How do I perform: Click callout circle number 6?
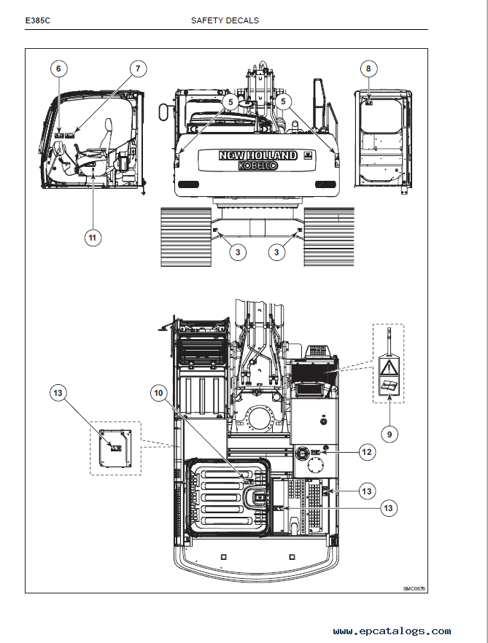click(x=59, y=69)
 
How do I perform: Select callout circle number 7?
click(x=137, y=69)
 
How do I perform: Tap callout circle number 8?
click(x=368, y=69)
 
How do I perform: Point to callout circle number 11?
click(x=92, y=237)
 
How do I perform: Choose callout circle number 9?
click(x=389, y=434)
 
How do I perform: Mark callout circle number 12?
click(x=367, y=452)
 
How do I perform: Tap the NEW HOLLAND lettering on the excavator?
click(x=258, y=155)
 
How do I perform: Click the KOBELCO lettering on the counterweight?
click(x=258, y=165)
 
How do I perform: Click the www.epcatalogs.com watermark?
click(x=392, y=631)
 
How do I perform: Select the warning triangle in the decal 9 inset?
click(x=389, y=367)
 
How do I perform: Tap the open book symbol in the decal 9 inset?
click(x=389, y=387)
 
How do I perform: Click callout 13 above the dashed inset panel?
click(x=59, y=393)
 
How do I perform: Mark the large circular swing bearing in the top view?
click(x=259, y=418)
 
